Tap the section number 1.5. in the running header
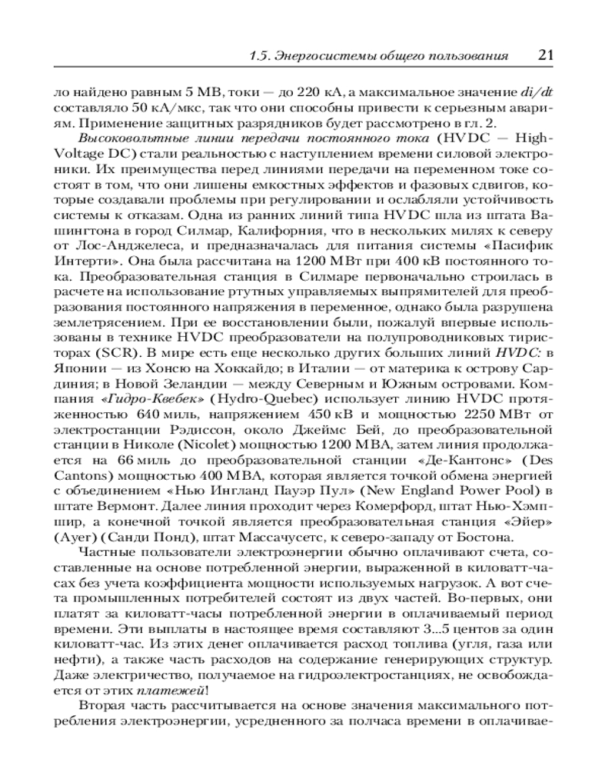click(x=264, y=56)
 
